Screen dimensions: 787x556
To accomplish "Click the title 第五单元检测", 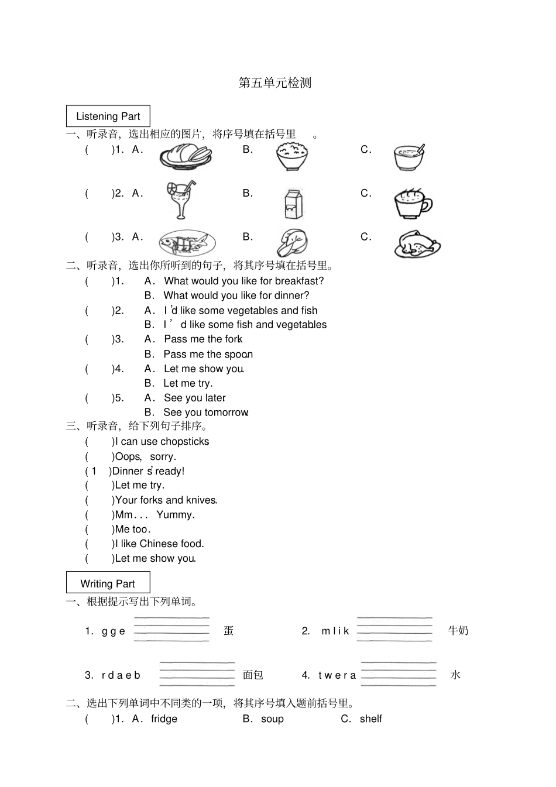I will [275, 83].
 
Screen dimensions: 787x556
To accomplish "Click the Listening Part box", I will [108, 116].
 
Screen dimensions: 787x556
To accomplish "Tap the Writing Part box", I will [108, 583].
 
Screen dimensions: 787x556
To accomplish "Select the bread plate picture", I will [186, 156].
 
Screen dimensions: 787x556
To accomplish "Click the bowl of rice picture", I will [292, 156].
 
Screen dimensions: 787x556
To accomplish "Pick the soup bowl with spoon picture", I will [409, 157].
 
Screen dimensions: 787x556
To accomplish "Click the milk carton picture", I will [293, 204].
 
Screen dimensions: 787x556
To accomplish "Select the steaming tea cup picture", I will [412, 202].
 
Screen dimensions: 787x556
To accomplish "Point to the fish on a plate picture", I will [187, 243].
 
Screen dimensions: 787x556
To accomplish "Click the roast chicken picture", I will [417, 244].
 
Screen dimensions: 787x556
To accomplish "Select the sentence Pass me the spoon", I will [208, 354].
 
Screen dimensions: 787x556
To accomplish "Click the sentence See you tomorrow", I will [206, 413].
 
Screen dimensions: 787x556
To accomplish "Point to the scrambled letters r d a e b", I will [121, 675].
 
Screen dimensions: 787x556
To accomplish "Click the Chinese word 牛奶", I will [458, 631].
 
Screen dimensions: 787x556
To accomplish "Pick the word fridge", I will [164, 719].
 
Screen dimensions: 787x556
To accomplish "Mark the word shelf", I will [370, 719].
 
